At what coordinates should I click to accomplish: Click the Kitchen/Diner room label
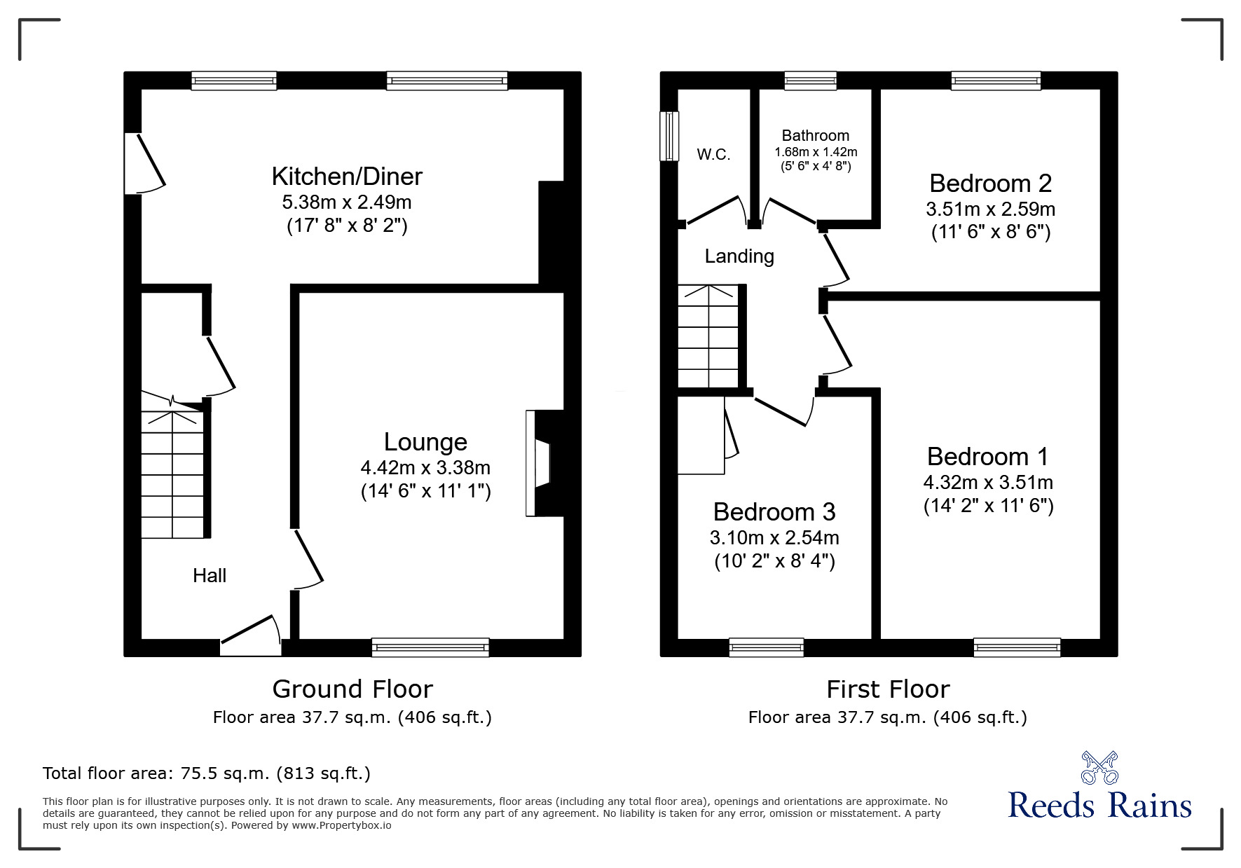tap(347, 177)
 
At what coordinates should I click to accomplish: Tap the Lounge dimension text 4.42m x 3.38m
tap(425, 468)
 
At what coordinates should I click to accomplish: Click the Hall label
tap(210, 576)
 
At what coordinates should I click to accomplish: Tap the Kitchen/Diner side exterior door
tap(144, 163)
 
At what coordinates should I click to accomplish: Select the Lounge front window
tap(430, 647)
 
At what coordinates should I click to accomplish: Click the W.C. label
tap(713, 155)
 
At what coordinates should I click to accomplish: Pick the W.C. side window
tap(670, 136)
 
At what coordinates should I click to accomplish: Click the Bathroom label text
tap(815, 136)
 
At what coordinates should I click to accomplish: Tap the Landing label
tap(739, 256)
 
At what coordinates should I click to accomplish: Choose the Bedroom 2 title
tap(990, 184)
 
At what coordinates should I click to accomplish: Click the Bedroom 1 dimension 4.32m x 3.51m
tap(988, 483)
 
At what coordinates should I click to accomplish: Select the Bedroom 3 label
tap(774, 512)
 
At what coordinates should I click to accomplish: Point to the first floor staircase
tap(708, 336)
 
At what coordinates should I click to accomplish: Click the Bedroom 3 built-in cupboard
tap(701, 435)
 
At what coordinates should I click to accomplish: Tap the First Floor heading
tap(887, 689)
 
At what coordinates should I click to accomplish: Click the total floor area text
tap(207, 773)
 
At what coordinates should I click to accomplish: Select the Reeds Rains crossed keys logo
tap(1099, 768)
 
